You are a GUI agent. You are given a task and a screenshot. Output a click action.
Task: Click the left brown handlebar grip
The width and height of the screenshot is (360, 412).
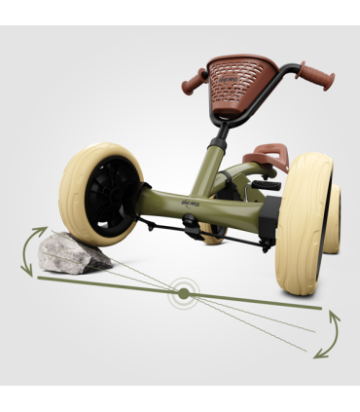click(194, 79)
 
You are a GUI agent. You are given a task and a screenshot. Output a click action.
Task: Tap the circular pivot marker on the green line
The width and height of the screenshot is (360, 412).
click(183, 291)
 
